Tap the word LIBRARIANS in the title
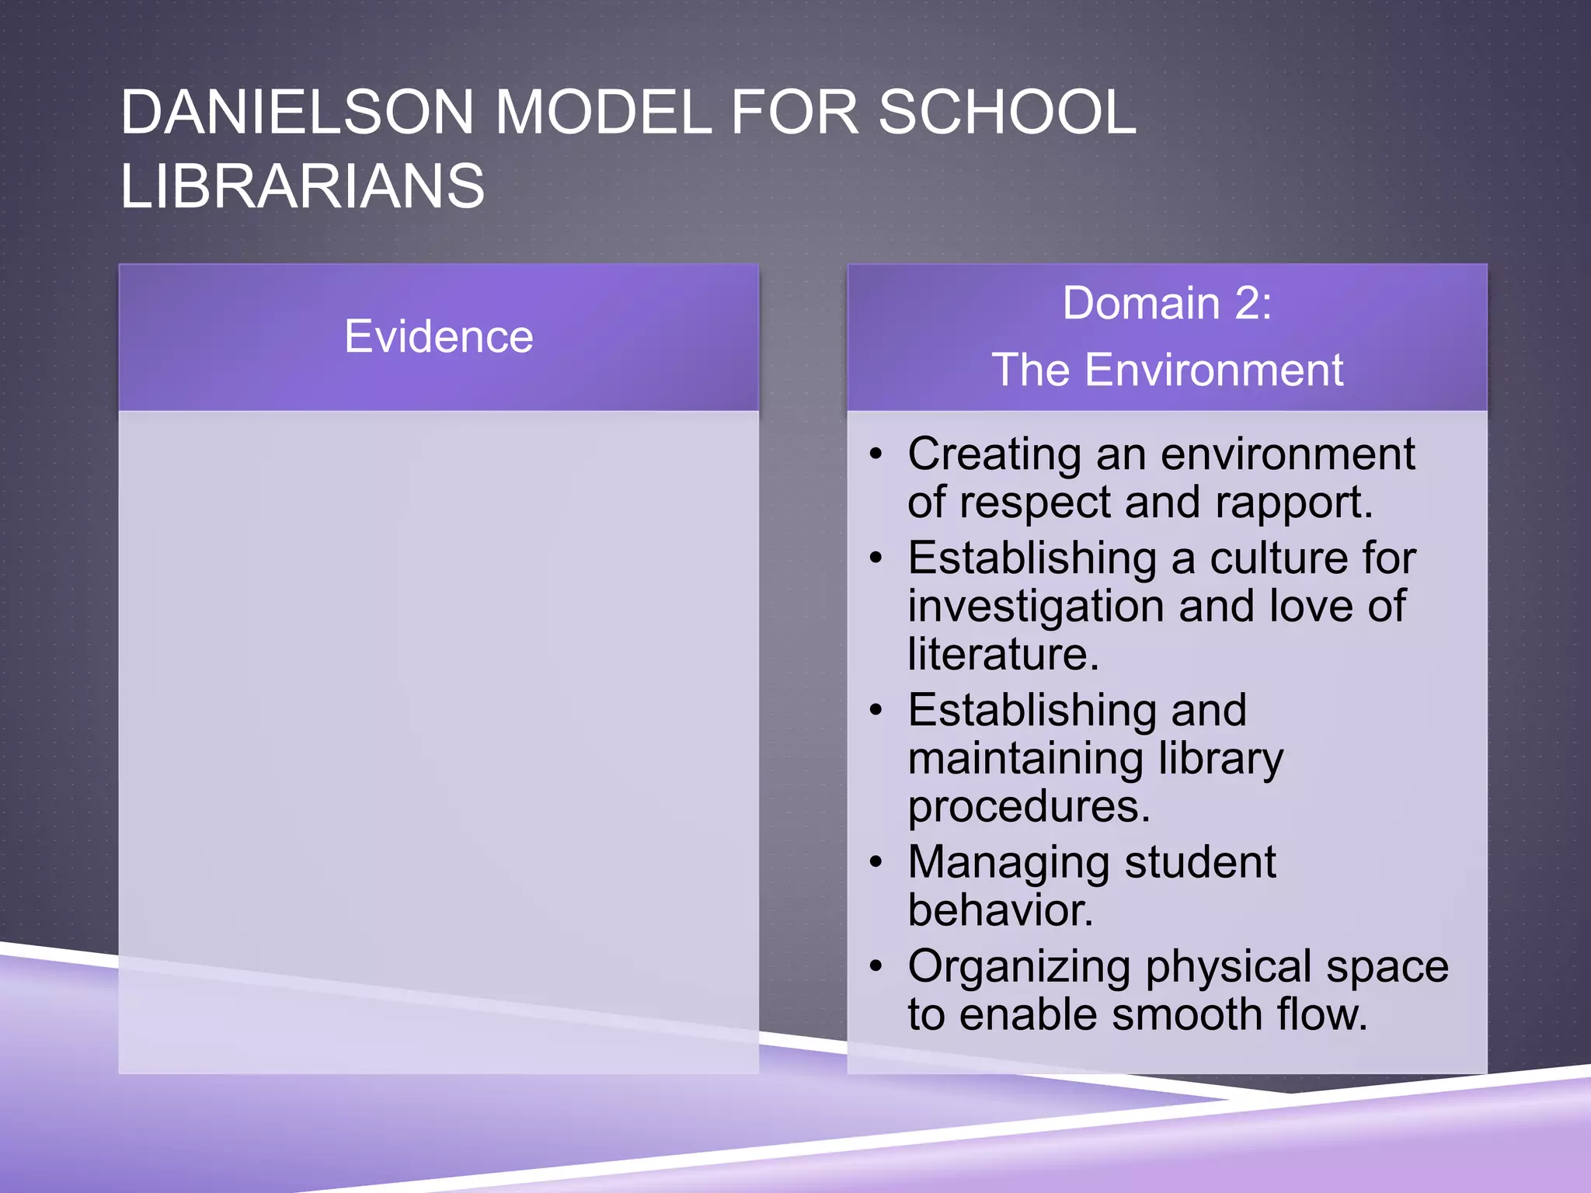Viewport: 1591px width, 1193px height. [x=302, y=186]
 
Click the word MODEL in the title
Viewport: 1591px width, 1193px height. [x=602, y=113]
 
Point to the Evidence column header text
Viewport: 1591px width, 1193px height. [x=439, y=336]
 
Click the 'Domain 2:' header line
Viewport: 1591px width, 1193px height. [x=1167, y=303]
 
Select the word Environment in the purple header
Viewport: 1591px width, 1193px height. [x=1213, y=370]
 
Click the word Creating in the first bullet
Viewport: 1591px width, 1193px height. [x=994, y=455]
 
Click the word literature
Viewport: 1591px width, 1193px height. [x=1003, y=654]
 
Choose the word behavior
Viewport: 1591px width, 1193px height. [x=1000, y=910]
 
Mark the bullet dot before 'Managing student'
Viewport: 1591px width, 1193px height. [x=876, y=862]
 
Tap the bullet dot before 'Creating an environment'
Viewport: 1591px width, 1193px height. [x=876, y=454]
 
